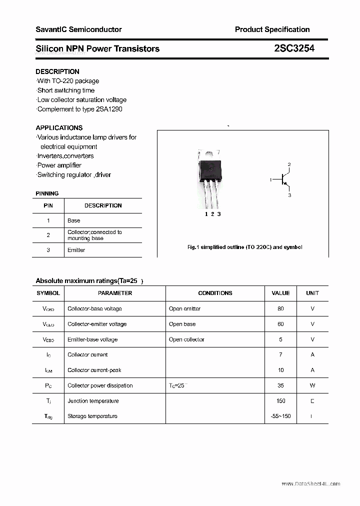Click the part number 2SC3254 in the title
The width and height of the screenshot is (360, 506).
pyautogui.click(x=294, y=48)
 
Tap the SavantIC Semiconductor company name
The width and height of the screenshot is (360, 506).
pyautogui.click(x=78, y=29)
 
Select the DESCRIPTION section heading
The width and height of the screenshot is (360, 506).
pyautogui.click(x=57, y=71)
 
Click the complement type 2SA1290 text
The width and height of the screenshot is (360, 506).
pyautogui.click(x=108, y=109)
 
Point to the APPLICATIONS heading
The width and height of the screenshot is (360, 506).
pyautogui.click(x=59, y=127)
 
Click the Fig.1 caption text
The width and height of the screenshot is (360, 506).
pyautogui.click(x=244, y=247)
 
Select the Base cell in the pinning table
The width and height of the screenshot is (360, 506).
pyautogui.click(x=73, y=220)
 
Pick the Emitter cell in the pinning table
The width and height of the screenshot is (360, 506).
pyautogui.click(x=76, y=250)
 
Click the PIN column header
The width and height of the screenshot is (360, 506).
pyautogui.click(x=48, y=205)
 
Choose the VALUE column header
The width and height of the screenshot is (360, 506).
pyautogui.click(x=280, y=293)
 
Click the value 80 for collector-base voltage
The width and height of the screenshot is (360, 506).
pyautogui.click(x=280, y=309)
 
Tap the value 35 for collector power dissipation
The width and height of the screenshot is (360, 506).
pyautogui.click(x=280, y=385)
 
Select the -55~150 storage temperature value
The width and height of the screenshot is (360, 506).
pyautogui.click(x=280, y=416)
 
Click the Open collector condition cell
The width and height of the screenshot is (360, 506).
pyautogui.click(x=186, y=339)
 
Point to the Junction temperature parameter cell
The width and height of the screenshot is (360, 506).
pyautogui.click(x=93, y=401)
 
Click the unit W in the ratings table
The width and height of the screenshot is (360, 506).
pyautogui.click(x=312, y=385)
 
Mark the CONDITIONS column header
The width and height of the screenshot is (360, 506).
pyautogui.click(x=215, y=293)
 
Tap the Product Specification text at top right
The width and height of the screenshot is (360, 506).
pyautogui.click(x=272, y=29)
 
